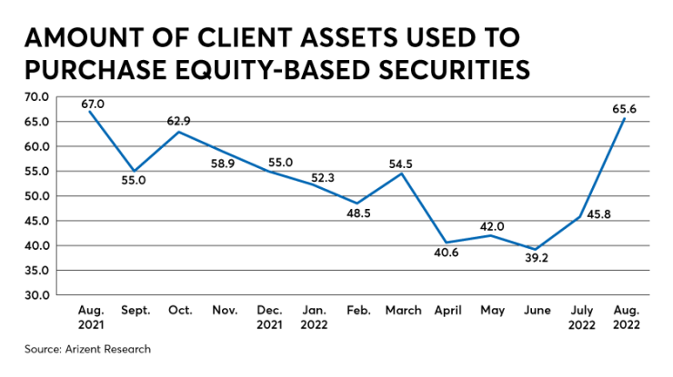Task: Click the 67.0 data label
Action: (93, 104)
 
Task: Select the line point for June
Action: (537, 249)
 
